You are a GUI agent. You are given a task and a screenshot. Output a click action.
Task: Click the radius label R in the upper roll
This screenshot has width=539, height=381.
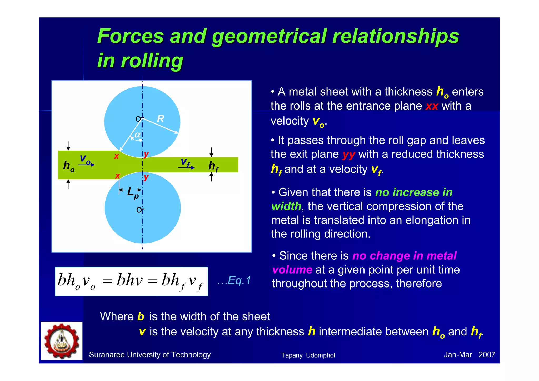(161, 119)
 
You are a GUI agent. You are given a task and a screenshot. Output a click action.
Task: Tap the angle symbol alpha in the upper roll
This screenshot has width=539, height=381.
(137, 135)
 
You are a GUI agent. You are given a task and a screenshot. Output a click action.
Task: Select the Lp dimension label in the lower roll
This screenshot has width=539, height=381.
(132, 193)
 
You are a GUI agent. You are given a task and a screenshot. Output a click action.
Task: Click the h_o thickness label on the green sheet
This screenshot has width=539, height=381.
(69, 166)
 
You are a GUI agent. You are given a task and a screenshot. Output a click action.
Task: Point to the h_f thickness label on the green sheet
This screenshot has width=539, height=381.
(213, 166)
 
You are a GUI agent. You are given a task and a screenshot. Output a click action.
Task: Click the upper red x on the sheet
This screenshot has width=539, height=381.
(116, 156)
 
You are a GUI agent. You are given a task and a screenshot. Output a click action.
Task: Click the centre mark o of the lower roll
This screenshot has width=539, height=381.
(139, 210)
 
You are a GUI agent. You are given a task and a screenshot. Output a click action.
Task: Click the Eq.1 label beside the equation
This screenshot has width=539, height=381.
(234, 280)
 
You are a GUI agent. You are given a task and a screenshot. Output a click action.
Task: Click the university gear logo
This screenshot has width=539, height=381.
(62, 341)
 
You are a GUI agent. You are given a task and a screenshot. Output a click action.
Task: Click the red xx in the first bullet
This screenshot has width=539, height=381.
(432, 106)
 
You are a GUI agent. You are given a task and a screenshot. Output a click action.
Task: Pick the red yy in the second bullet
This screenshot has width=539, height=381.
(349, 155)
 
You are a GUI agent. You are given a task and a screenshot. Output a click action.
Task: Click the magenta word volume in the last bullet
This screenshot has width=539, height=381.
(292, 270)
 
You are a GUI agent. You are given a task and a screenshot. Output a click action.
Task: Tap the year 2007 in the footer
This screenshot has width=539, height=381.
(487, 355)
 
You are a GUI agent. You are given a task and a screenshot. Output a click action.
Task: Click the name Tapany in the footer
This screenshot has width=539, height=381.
(292, 355)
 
